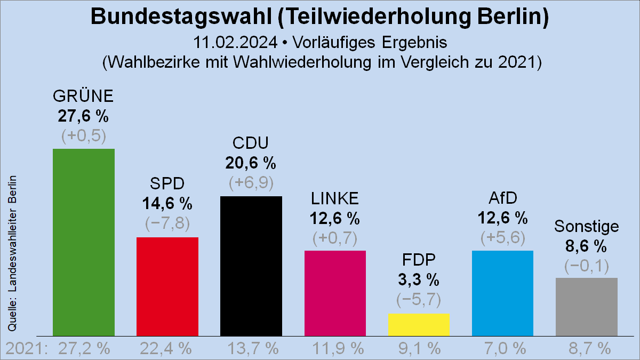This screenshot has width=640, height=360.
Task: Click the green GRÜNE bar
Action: tap(84, 242)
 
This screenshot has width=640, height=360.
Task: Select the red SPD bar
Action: tap(167, 286)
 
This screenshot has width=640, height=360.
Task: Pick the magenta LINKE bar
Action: tap(335, 293)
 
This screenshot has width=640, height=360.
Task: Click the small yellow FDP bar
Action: tap(419, 325)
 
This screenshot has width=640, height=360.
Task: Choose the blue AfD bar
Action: tap(502, 293)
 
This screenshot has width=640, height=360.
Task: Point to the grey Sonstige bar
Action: tap(586, 307)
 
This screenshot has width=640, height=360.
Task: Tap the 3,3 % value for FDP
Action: tap(419, 279)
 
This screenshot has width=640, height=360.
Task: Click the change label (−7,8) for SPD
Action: tap(167, 223)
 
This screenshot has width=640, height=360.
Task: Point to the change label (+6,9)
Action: tap(251, 183)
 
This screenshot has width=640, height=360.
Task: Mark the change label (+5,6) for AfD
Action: tap(502, 237)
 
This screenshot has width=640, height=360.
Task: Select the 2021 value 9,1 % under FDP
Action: tap(419, 349)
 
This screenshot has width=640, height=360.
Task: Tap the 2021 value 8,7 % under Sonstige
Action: tap(586, 349)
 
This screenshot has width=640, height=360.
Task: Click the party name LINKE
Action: tap(335, 198)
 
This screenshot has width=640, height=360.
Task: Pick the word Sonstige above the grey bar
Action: tap(586, 227)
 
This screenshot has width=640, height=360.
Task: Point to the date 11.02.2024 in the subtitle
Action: tap(235, 42)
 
